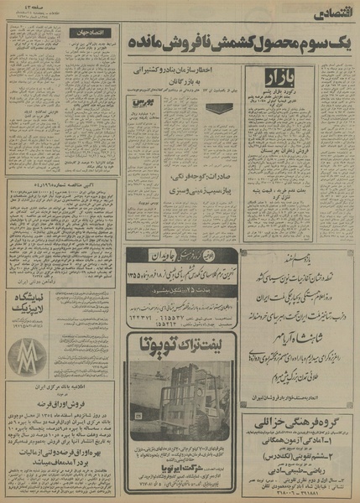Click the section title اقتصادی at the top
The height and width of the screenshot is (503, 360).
[x=327, y=14]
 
